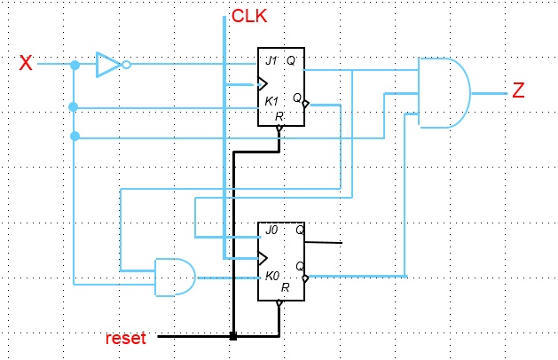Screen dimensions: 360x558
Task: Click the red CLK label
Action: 249,16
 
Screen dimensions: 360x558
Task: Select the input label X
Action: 27,63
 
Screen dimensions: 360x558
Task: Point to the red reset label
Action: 125,338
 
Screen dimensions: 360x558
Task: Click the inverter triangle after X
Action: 108,65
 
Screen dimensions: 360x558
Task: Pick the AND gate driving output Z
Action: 444,92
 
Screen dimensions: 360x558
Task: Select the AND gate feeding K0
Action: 175,277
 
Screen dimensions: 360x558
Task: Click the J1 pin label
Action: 271,60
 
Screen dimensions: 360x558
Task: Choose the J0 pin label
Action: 271,230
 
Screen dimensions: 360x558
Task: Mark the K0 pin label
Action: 272,276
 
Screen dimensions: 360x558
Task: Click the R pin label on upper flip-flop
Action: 279,116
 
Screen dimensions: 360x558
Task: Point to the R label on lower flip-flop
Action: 285,287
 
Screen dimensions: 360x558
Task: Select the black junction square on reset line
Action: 232,336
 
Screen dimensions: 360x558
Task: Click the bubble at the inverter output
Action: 127,65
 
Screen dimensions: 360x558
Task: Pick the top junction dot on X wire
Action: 75,65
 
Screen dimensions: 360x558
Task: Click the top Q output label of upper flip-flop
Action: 291,60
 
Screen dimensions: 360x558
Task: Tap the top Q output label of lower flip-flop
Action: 300,230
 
